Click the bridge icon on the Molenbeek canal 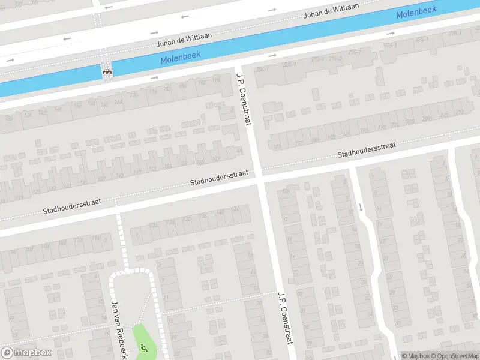click(107, 70)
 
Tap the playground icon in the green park click(143, 347)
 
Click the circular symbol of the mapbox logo click(7, 352)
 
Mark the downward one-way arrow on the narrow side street click(361, 208)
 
